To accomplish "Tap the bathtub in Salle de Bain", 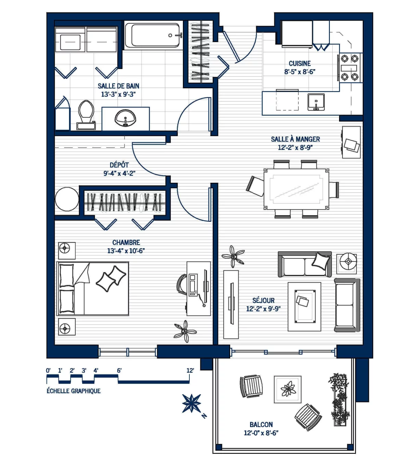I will tap(153, 35).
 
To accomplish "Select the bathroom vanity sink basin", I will tap(125, 118).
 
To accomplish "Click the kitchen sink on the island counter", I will tap(316, 102).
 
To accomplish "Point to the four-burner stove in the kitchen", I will tap(349, 68).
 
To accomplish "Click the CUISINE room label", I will tap(300, 64).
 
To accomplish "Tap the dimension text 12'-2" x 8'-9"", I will tap(295, 147).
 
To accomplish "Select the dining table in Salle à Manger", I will tap(296, 189).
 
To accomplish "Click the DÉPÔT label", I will tap(119, 165).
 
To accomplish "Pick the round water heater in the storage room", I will tap(67, 199).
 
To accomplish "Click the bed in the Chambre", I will tap(92, 288).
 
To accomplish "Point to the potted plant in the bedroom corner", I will tap(185, 331).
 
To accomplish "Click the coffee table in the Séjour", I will tap(304, 306).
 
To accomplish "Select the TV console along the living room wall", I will tap(231, 304).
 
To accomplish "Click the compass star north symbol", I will tap(191, 403).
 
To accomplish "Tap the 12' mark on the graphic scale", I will tap(190, 371).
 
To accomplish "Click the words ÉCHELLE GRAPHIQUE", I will tap(74, 391).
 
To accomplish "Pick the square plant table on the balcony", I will tap(288, 389).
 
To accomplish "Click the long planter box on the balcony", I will tap(339, 400).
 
